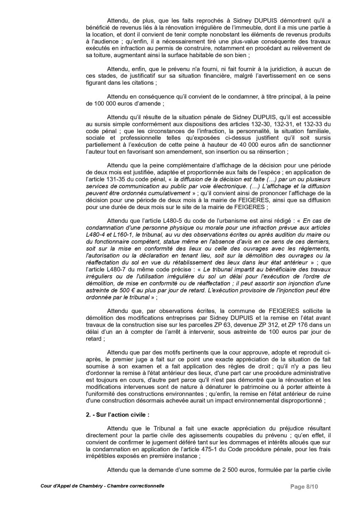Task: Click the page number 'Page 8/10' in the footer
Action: [x=304, y=486]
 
